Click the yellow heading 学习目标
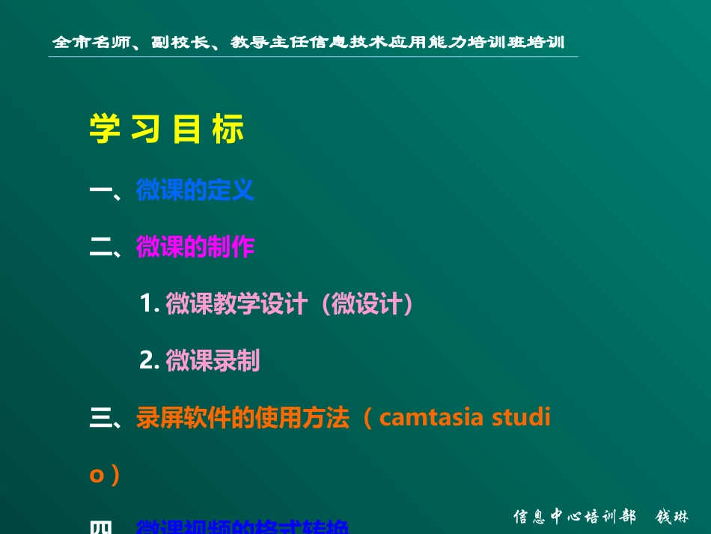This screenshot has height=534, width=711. pos(167,129)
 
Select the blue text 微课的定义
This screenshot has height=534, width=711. pos(195,190)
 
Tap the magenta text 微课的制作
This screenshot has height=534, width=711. pos(195,246)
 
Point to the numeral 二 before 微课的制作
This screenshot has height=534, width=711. pos(100,247)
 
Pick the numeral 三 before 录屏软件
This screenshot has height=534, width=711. pos(100,419)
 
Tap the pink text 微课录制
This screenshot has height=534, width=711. pos(213,360)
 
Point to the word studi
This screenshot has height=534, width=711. pos(521,418)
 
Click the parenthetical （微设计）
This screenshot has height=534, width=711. pos(367,303)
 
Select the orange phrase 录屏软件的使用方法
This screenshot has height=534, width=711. pos(242,418)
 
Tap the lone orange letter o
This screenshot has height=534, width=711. pos(96,475)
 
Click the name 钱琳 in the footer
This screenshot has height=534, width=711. pos(671,517)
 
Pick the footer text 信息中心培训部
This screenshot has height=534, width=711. pos(574,517)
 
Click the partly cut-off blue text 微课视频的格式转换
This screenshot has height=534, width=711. pos(242,527)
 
